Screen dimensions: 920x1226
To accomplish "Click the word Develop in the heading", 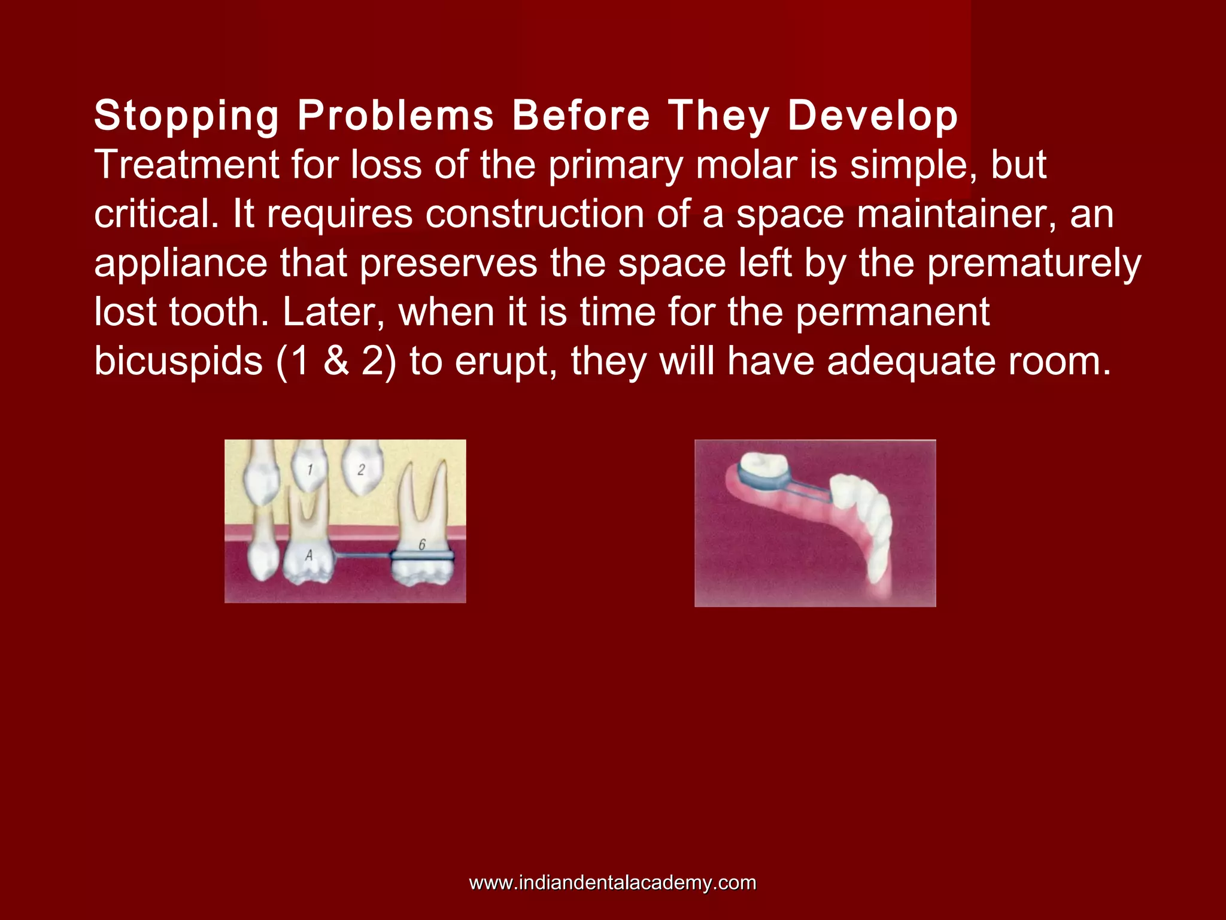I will click(873, 116).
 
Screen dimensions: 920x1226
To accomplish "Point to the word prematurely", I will click(1034, 264).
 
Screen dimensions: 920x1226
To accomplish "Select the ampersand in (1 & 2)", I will click(336, 361).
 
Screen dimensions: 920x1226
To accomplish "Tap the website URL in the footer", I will click(612, 882).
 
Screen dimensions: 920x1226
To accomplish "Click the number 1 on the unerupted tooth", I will click(309, 470).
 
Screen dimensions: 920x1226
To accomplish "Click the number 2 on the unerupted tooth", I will click(361, 470).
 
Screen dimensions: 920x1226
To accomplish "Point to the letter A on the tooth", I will click(309, 555).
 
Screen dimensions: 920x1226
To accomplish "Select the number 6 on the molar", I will click(422, 544).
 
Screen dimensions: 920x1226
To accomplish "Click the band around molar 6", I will click(422, 556).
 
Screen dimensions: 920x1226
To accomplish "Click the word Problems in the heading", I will click(396, 116).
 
